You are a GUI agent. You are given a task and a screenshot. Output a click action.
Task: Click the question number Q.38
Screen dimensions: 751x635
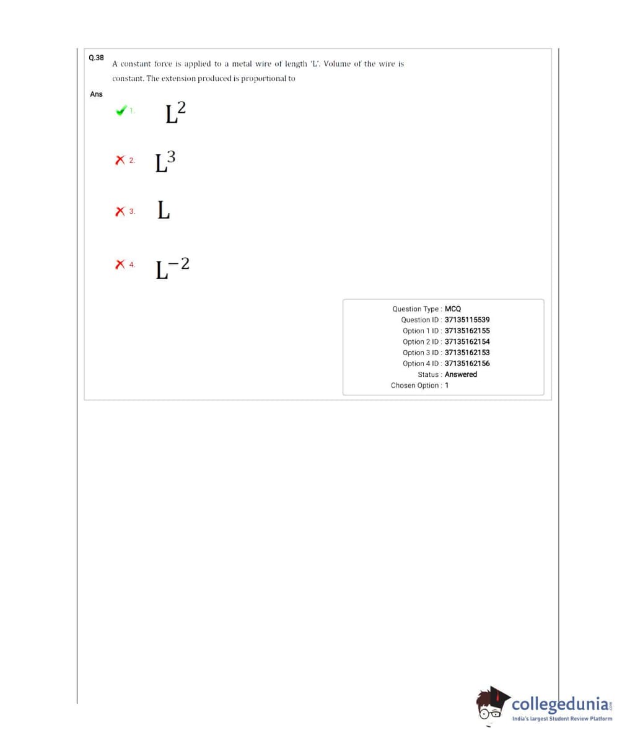point(96,58)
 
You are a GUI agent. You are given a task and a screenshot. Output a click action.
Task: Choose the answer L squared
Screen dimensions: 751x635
point(175,113)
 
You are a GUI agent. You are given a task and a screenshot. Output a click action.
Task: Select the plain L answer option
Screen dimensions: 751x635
point(164,211)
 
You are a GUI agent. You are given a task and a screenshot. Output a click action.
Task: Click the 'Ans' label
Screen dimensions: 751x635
point(96,94)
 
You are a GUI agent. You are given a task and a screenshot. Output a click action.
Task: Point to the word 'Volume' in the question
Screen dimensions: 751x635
point(338,64)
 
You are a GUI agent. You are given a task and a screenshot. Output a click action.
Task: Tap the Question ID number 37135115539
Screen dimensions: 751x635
point(467,320)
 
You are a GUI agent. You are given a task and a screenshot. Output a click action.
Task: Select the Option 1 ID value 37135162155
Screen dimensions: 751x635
point(467,331)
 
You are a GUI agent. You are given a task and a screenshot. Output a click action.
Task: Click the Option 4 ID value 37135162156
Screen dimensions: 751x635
point(467,364)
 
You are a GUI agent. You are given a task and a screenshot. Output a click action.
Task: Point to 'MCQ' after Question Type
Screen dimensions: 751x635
point(453,309)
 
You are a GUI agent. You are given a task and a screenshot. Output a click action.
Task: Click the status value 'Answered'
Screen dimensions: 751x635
point(461,374)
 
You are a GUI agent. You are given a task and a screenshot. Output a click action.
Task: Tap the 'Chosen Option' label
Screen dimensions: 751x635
point(415,385)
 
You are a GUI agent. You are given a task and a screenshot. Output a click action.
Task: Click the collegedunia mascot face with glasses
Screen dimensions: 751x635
point(492,707)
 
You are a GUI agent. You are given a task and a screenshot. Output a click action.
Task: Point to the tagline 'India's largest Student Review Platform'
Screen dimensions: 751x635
point(562,719)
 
